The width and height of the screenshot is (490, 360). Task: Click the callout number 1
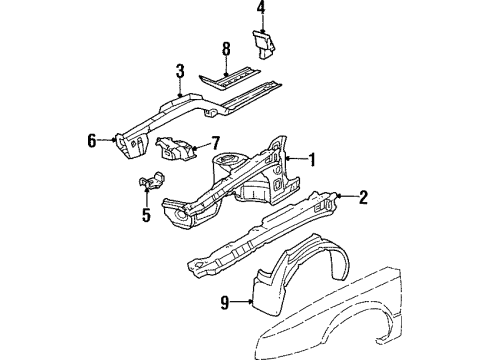tap(311, 157)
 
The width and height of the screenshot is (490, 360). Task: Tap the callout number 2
tap(363, 197)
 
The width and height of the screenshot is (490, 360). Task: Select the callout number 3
tap(180, 70)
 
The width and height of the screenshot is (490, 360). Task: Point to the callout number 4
tap(261, 11)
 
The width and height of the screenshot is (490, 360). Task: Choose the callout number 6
tap(92, 141)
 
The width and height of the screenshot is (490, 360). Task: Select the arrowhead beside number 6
tap(109, 141)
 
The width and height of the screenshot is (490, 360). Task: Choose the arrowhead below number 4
tap(261, 29)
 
